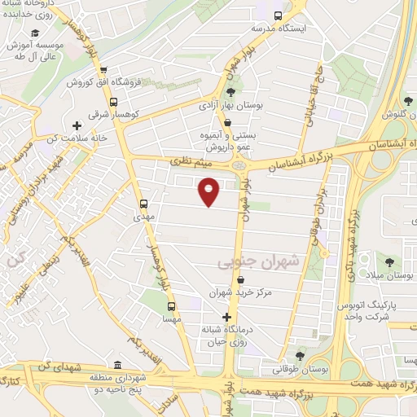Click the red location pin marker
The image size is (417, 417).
(209, 191)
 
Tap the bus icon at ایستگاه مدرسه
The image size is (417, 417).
(279, 15)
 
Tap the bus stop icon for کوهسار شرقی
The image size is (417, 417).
(112, 103)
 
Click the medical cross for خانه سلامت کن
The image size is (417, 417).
(77, 125)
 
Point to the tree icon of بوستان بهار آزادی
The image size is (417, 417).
(230, 92)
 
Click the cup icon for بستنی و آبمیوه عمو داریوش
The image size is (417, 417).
(227, 122)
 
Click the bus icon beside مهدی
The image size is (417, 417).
(144, 204)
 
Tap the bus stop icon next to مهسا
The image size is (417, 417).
(171, 306)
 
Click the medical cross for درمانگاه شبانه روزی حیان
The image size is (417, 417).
(226, 316)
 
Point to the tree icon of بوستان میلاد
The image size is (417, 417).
(389, 262)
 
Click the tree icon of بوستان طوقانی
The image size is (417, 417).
(301, 356)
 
